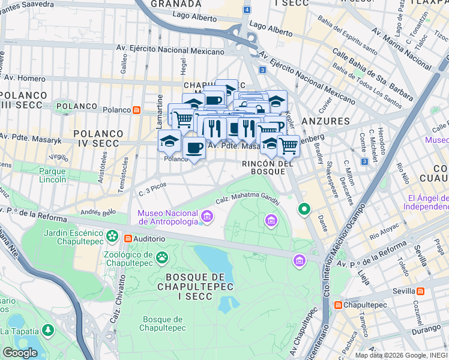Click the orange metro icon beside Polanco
[137, 110]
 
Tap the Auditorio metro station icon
[128, 239]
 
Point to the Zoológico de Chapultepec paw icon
[162, 257]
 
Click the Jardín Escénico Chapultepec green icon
[112, 234]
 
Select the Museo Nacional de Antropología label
[167, 217]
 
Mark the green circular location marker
[304, 209]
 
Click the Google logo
[20, 353]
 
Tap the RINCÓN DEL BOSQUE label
[268, 167]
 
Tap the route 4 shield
[247, 10]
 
